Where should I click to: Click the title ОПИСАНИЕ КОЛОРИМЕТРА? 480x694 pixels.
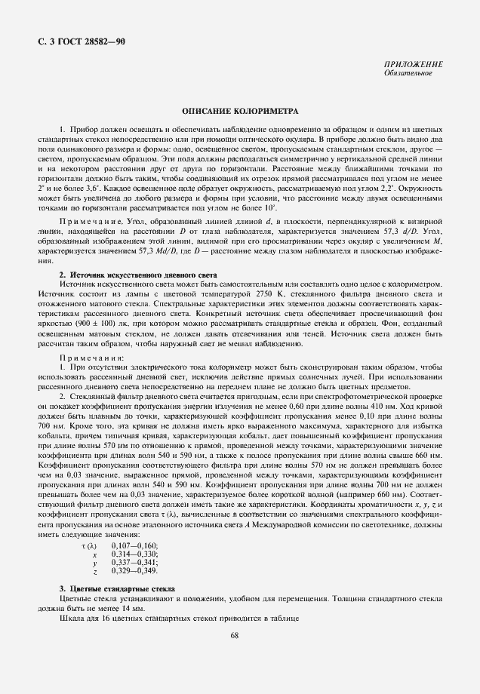[239, 110]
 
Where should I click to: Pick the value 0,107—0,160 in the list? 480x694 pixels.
[135, 545]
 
